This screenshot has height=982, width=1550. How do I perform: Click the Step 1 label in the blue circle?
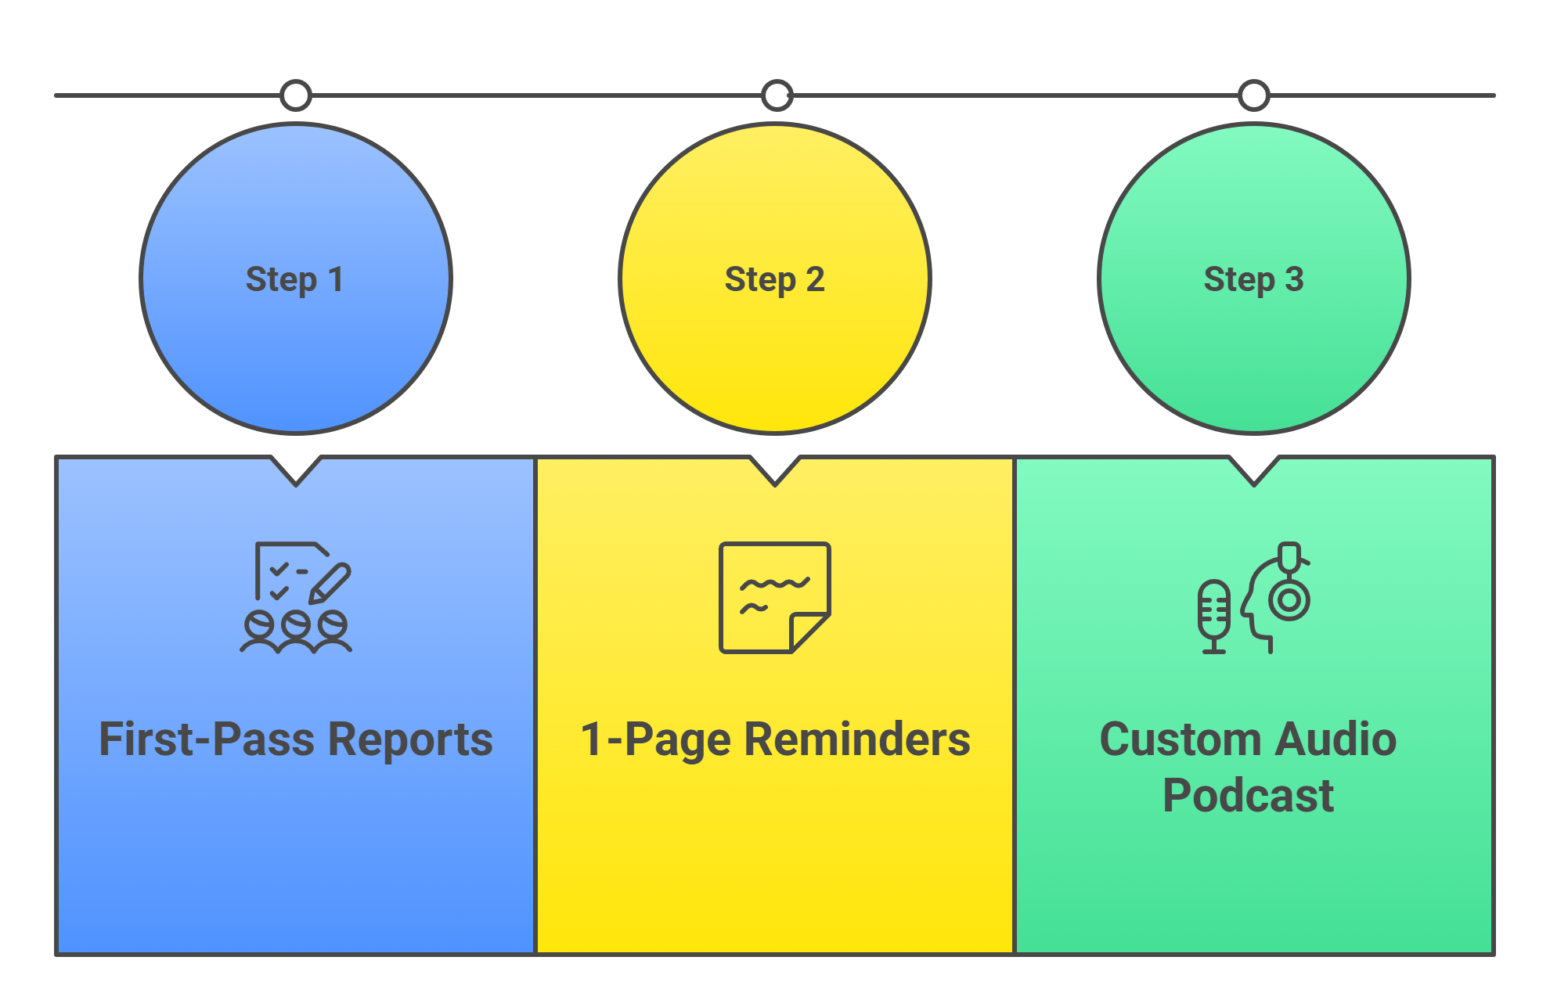294,279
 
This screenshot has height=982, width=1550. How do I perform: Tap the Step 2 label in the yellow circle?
774,279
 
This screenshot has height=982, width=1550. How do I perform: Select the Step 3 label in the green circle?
1253,279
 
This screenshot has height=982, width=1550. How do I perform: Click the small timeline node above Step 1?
296,95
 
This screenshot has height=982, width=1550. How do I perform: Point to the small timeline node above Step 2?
777,95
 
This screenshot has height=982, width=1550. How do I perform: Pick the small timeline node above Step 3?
1253,95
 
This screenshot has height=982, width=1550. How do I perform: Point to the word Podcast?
1248,796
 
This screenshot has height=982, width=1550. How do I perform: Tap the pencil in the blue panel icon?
330,583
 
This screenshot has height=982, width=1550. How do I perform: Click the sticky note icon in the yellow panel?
774,597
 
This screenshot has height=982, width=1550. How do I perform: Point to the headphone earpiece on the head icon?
1289,601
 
